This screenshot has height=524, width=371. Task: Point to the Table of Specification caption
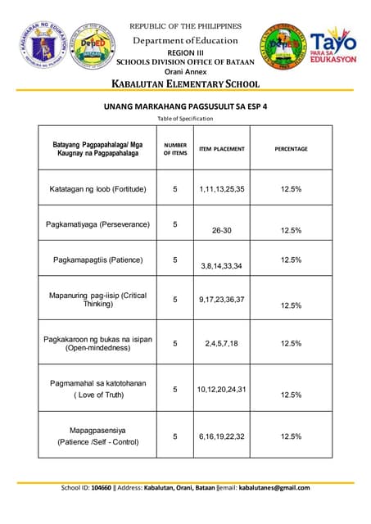tap(185, 119)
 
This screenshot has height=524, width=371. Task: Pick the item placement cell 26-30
tap(221, 231)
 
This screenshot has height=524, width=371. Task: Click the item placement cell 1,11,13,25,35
tap(221, 189)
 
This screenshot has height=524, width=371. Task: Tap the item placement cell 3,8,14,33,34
tap(221, 266)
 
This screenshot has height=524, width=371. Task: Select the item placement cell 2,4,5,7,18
tap(221, 344)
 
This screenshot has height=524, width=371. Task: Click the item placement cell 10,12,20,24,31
tap(221, 389)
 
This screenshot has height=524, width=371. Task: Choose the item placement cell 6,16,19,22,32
tap(221, 436)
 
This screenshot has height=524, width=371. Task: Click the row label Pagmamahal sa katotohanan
tap(97, 382)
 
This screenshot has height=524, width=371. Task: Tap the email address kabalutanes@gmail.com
tap(274, 488)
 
